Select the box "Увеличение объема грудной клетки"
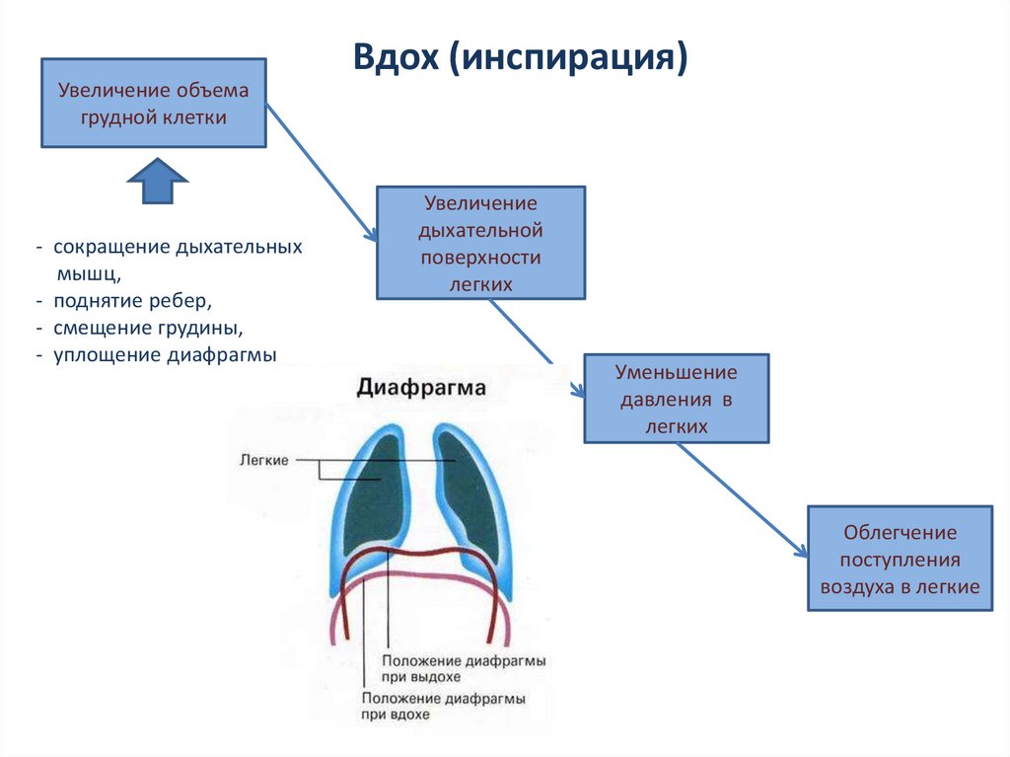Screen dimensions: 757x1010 (x=153, y=104)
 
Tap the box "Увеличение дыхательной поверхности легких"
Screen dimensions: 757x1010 (x=480, y=243)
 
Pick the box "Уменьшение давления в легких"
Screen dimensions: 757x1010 (x=676, y=399)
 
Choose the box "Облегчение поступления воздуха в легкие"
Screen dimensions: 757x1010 (x=900, y=560)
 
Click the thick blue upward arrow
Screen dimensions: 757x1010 (x=158, y=180)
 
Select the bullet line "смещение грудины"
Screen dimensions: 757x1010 (x=148, y=326)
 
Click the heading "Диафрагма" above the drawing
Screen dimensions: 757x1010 (x=421, y=388)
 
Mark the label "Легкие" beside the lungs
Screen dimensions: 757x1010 (x=263, y=460)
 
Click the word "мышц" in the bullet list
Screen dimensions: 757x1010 (x=89, y=271)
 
